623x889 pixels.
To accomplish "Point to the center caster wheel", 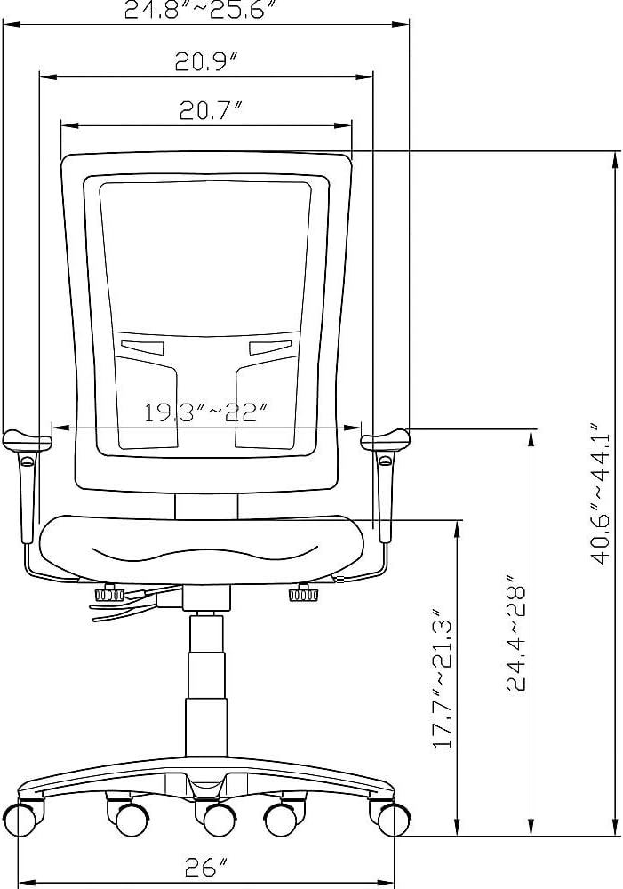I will click(x=214, y=820).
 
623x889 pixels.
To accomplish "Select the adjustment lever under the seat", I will click(x=124, y=606).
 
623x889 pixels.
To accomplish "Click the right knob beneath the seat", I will click(x=302, y=593).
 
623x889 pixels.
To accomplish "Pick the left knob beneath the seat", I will click(x=109, y=593).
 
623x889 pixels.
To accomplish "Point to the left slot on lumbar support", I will click(x=143, y=346).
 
